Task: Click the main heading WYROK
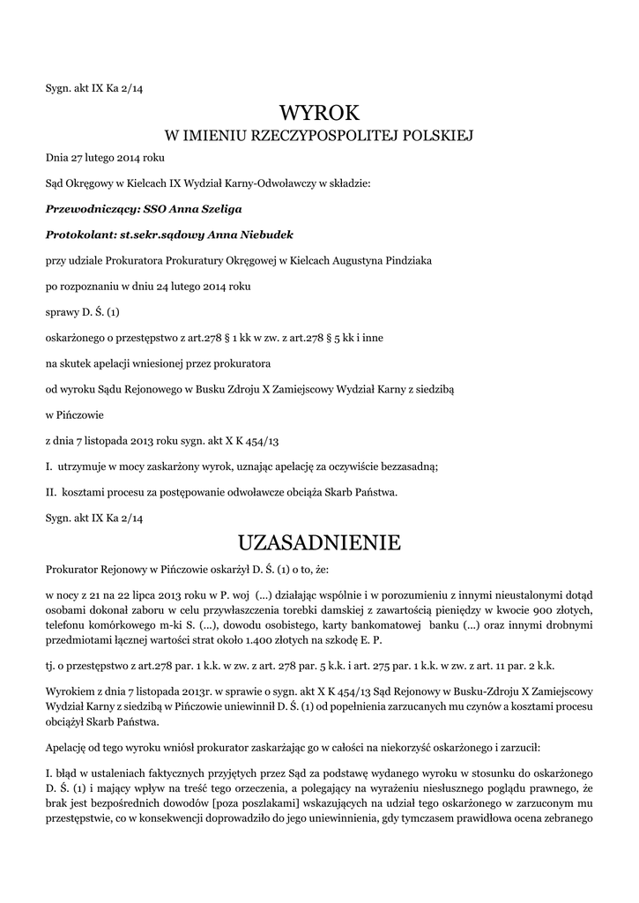(319, 112)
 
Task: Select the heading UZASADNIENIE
(319, 540)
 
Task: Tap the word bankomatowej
(359, 625)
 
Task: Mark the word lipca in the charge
(131, 597)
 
